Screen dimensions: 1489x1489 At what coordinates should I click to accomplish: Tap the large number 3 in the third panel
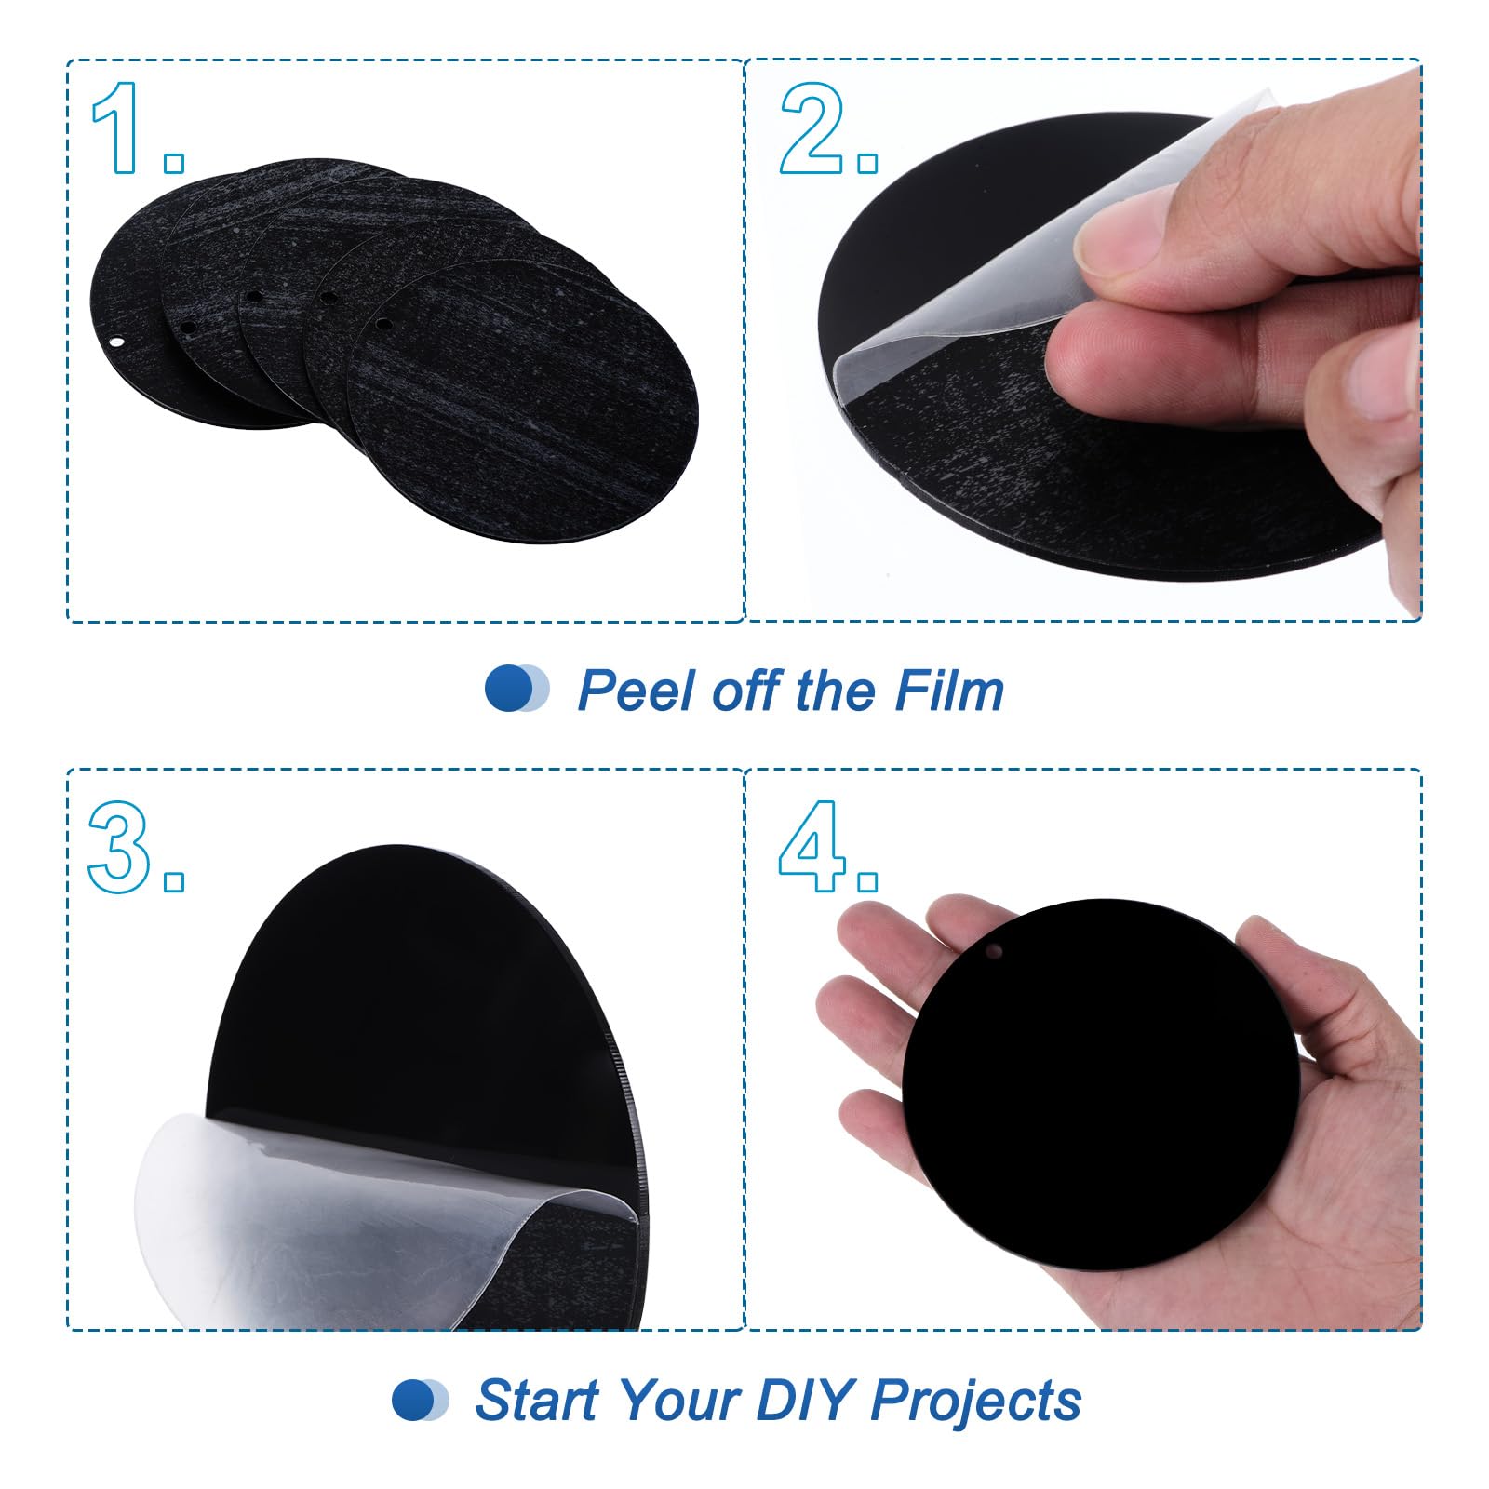(119, 847)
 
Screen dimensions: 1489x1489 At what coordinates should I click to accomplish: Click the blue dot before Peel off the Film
(510, 690)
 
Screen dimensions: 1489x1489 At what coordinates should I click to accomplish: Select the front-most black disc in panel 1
(522, 401)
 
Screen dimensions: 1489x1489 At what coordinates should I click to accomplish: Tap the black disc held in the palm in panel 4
(1101, 1085)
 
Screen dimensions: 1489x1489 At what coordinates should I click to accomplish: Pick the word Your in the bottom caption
(677, 1399)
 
